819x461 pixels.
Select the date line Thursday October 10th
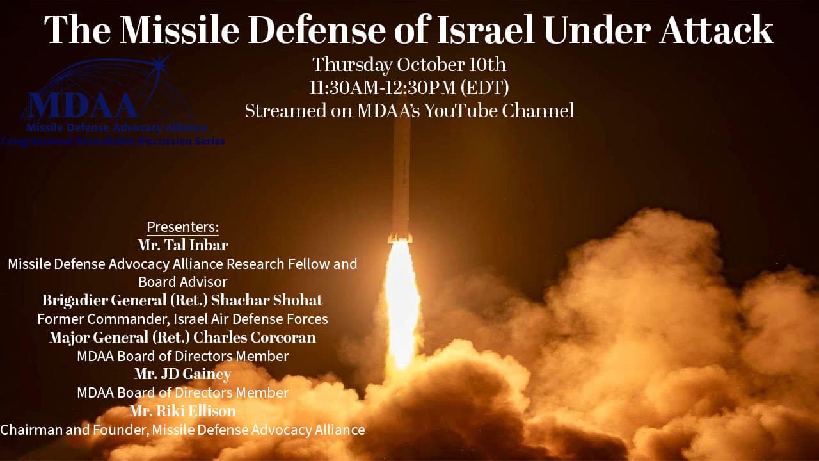coord(409,65)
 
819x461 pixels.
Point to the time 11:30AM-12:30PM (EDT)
coord(409,87)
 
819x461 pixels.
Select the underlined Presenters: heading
coord(182,227)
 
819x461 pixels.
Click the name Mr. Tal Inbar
coord(182,245)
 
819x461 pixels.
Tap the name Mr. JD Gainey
coord(182,374)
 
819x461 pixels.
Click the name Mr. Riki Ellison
coord(182,411)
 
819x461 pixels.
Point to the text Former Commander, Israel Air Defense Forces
coord(182,319)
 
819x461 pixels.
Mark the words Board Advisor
coord(182,282)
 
